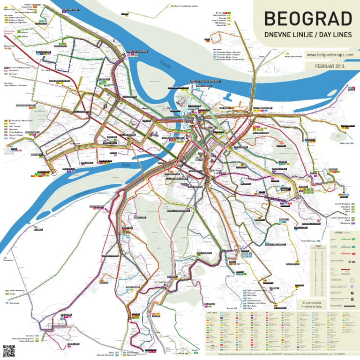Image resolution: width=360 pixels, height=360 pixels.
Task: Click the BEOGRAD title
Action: click(x=307, y=19)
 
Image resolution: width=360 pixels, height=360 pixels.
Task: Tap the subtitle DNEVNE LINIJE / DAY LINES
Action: click(x=307, y=35)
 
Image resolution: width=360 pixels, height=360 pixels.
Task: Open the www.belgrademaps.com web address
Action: click(x=328, y=55)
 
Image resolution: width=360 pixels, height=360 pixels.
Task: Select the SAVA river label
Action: click(x=125, y=165)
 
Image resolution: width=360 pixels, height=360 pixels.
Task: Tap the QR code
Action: click(x=7, y=349)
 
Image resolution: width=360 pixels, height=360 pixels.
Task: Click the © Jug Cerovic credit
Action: click(x=311, y=303)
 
